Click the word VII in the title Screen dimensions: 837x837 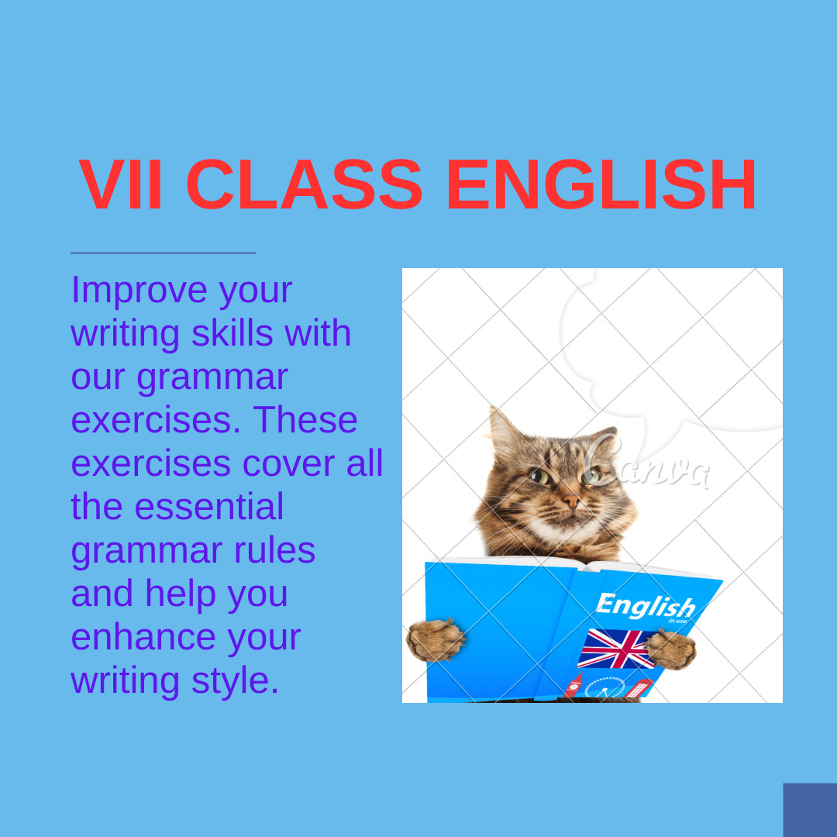point(120,184)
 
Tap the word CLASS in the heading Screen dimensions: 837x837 point(305,184)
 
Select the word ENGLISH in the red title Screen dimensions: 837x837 point(601,184)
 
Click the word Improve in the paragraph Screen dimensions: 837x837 point(139,290)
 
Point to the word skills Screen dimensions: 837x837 point(232,333)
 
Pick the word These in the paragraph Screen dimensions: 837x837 point(305,419)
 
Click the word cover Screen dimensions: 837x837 point(289,463)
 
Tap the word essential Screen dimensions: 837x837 point(208,507)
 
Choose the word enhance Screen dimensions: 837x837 point(143,637)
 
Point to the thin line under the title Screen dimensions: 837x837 point(163,253)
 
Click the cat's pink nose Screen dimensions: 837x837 point(570,501)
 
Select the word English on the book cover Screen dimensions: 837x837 point(646,606)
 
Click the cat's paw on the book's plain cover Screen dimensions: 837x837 point(436,639)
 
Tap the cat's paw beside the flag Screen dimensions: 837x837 point(671,649)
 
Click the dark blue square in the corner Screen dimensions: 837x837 point(810,810)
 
